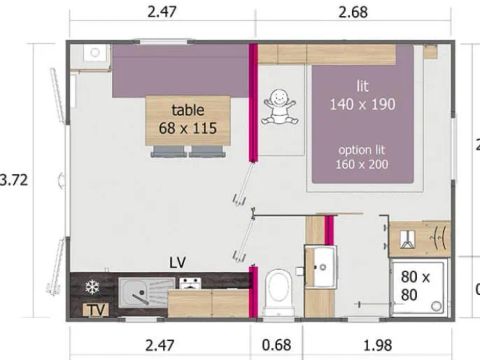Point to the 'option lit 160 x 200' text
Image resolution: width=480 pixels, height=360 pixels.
[361, 157]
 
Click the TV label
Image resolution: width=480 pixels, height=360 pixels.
[96, 311]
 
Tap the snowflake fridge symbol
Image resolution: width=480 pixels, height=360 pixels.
[93, 287]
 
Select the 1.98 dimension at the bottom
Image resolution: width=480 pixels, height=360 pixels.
[377, 347]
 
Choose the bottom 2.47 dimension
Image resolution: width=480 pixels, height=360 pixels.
[159, 347]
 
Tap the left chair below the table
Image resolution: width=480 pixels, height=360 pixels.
[167, 152]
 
